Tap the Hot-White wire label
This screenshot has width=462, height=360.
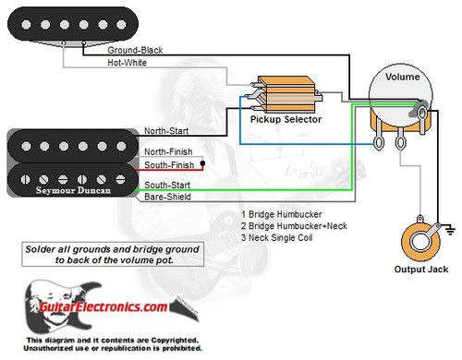(128, 63)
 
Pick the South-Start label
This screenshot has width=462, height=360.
(166, 186)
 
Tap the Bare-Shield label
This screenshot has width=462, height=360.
(166, 197)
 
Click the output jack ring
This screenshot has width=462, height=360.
(424, 245)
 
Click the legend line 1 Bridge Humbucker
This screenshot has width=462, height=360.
(279, 214)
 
